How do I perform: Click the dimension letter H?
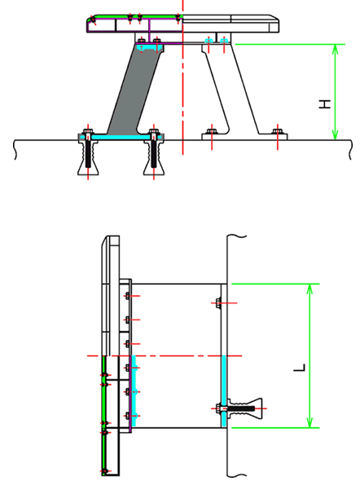pos(325,104)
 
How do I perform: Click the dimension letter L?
pos(300,368)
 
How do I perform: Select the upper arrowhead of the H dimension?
pos(335,50)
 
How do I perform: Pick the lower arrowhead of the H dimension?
pos(335,134)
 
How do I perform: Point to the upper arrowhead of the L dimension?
pos(310,289)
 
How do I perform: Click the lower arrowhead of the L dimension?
pos(310,421)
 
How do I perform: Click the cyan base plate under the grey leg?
pos(121,137)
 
